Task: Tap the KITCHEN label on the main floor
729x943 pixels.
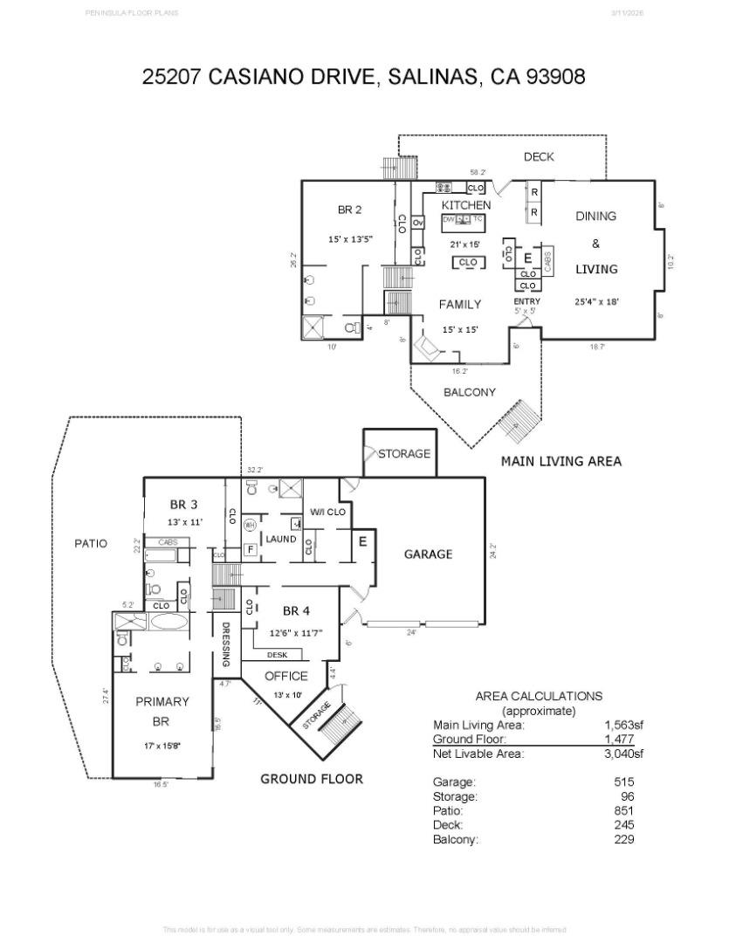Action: click(x=466, y=205)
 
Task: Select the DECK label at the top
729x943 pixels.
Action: click(x=539, y=157)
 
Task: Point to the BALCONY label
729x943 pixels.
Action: click(x=469, y=393)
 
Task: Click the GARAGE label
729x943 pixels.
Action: click(x=428, y=554)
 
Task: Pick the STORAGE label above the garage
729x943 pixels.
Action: click(x=404, y=454)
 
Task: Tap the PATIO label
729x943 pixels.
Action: click(x=91, y=544)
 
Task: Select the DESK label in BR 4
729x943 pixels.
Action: click(x=277, y=654)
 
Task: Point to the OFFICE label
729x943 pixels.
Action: click(x=286, y=676)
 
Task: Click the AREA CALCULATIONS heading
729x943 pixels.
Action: click(x=539, y=696)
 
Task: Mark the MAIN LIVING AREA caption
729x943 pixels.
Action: click(x=561, y=461)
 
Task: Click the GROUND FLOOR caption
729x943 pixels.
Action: click(x=312, y=779)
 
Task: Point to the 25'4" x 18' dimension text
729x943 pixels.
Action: click(x=595, y=301)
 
